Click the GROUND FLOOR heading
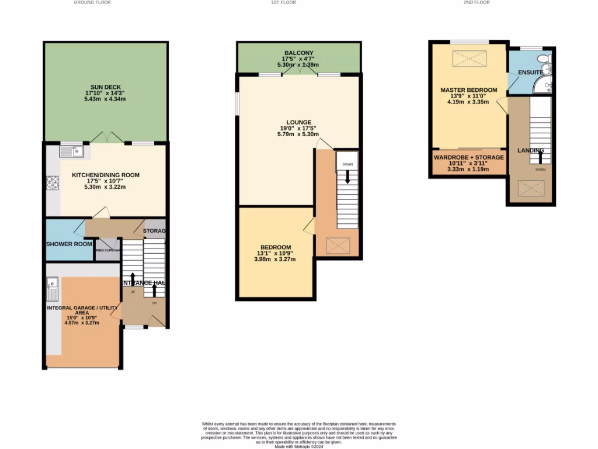(92, 3)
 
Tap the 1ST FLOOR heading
(283, 3)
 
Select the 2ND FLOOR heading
(477, 3)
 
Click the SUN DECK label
(106, 87)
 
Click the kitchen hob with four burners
(53, 183)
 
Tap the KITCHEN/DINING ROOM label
(106, 175)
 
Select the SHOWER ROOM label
(69, 244)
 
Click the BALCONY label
(298, 53)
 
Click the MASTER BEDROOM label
(468, 90)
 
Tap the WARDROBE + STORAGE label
(468, 157)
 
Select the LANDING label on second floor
(531, 150)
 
